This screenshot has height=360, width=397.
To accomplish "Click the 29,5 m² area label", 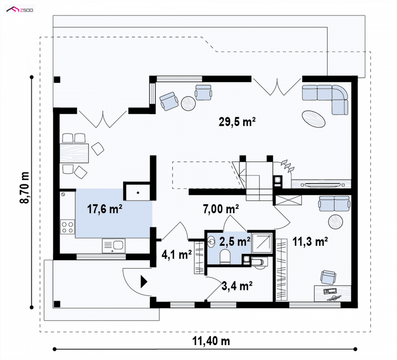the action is (237, 122).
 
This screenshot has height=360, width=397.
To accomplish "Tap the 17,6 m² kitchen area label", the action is (105, 209).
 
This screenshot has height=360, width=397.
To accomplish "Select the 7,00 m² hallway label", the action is (221, 209).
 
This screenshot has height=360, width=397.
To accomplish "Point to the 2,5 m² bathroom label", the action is (235, 241).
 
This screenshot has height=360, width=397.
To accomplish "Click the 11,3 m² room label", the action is (310, 241).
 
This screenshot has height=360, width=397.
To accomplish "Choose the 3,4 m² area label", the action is (237, 286).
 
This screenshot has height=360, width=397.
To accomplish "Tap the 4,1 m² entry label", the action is (177, 255).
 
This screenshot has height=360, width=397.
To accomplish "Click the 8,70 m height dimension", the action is (24, 188).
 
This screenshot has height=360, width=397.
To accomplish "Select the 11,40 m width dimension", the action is (211, 341).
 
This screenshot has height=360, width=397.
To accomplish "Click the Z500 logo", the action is (20, 9).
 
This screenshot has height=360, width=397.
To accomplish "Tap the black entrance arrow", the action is (144, 282).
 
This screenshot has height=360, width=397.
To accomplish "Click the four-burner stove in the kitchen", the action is (67, 227).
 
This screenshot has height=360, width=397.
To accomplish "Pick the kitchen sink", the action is (114, 246).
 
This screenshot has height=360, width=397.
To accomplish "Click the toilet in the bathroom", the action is (225, 257).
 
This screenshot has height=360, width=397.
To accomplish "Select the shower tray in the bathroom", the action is (262, 243).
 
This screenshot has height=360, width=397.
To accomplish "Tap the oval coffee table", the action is (314, 119).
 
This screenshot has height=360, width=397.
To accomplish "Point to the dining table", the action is (74, 153).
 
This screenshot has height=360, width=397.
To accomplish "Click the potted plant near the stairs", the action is (288, 166).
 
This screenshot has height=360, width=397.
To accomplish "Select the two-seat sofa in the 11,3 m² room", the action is (334, 204).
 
